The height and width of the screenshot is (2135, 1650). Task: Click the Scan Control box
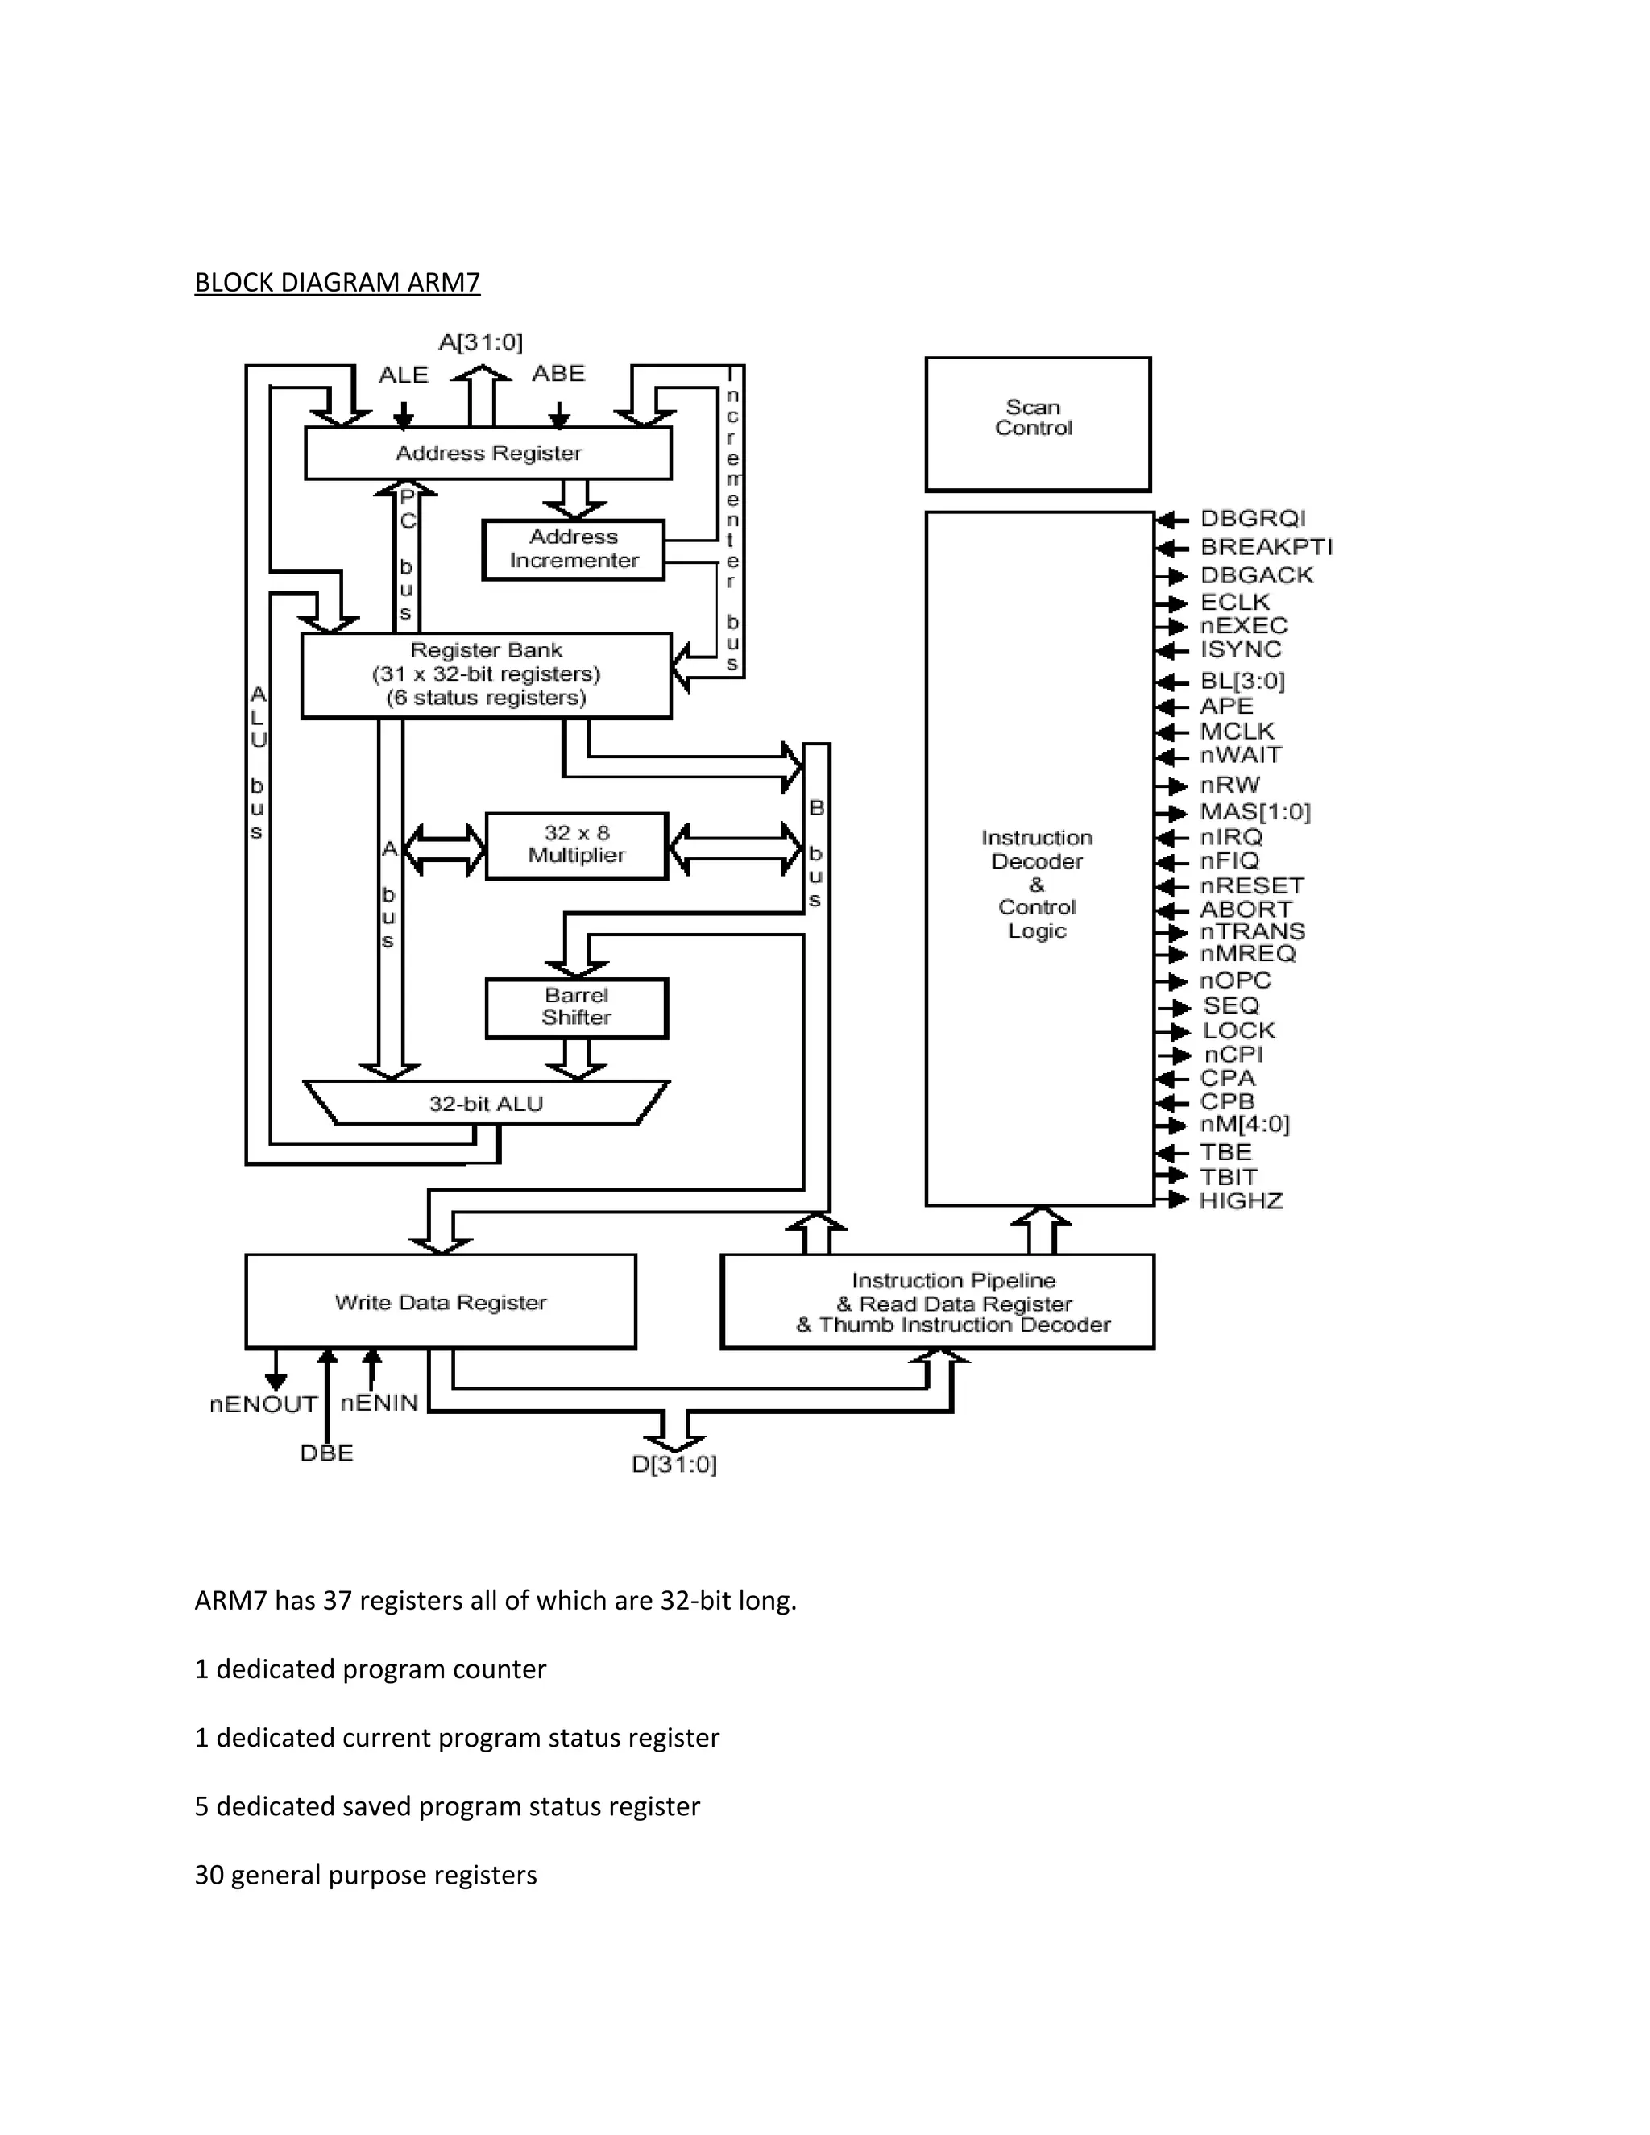(x=1037, y=422)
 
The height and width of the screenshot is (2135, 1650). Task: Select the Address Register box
(x=487, y=453)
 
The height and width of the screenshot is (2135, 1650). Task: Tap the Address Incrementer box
(x=574, y=549)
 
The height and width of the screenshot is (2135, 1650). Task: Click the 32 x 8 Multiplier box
(x=577, y=844)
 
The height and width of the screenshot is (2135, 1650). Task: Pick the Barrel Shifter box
(x=577, y=1007)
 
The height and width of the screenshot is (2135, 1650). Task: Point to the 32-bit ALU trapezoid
(x=486, y=1104)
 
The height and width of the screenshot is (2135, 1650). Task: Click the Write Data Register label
(x=441, y=1302)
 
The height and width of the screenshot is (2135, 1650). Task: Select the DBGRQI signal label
(x=1253, y=519)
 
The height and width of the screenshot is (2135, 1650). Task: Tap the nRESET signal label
(x=1252, y=885)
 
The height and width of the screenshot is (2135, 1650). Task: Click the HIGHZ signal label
(x=1242, y=1201)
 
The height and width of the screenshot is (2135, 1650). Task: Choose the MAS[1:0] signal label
(x=1255, y=812)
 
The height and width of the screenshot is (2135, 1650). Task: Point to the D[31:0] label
(x=674, y=1465)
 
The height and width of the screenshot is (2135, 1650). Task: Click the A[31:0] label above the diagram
(x=480, y=342)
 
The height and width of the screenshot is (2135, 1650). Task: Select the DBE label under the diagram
(x=326, y=1453)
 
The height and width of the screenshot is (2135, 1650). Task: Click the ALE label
(x=404, y=375)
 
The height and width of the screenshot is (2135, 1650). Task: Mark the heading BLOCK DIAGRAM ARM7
(x=338, y=283)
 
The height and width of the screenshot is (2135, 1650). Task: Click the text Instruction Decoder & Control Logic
(x=1037, y=884)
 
